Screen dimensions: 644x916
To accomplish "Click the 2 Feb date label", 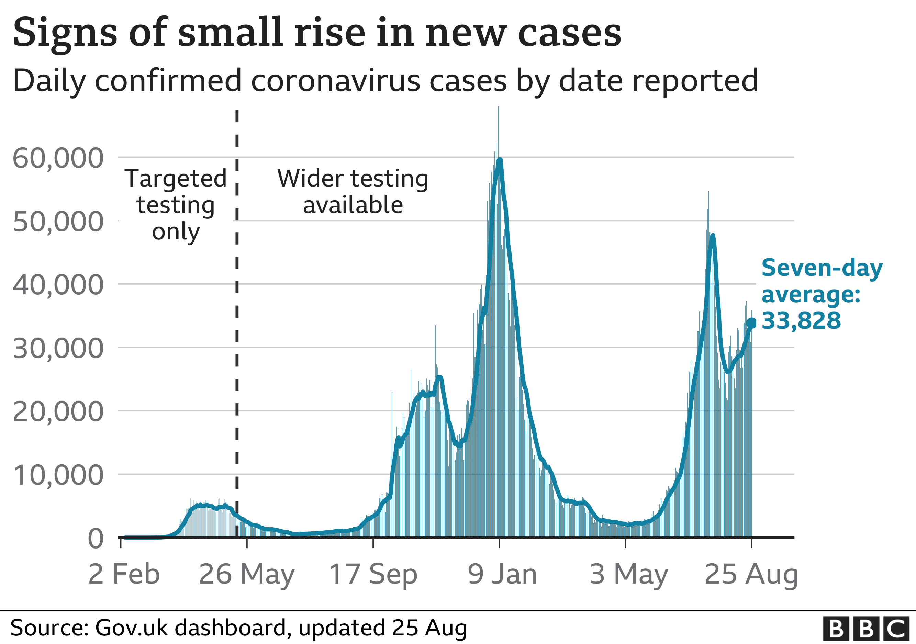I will pos(124,574).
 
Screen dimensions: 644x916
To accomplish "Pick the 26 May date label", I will pos(247,574).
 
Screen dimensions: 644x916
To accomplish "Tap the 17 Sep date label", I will pos(373,574).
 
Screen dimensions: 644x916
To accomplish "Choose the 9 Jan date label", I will pos(502,574).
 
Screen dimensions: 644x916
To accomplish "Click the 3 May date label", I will pos(629,574).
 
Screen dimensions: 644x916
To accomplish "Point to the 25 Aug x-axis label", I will pos(751,574).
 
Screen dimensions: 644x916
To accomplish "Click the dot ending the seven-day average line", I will pos(751,323).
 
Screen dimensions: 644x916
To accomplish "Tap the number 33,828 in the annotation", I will pos(801,320).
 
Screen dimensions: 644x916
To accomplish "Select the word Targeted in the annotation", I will pos(176,178).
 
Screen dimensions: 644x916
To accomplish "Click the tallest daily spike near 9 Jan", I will pos(498,108).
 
